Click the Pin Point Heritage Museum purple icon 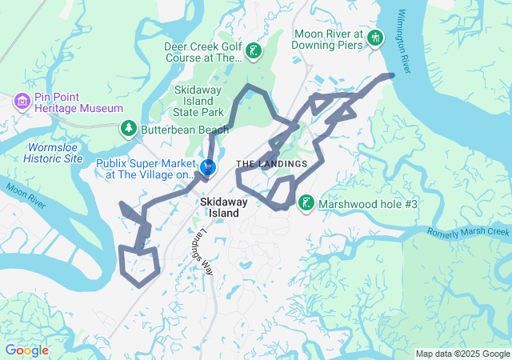click(22, 100)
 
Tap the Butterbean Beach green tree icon click(128, 128)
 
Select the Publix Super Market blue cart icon click(208, 166)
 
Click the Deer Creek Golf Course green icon click(254, 52)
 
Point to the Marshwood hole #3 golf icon click(306, 204)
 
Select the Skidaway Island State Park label click(202, 100)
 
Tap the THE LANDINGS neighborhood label click(271, 164)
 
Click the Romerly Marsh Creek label click(468, 232)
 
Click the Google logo click(26, 350)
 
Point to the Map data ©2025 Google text click(462, 354)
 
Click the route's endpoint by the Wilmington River click(391, 75)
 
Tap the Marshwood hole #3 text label click(368, 205)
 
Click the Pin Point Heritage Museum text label click(78, 101)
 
